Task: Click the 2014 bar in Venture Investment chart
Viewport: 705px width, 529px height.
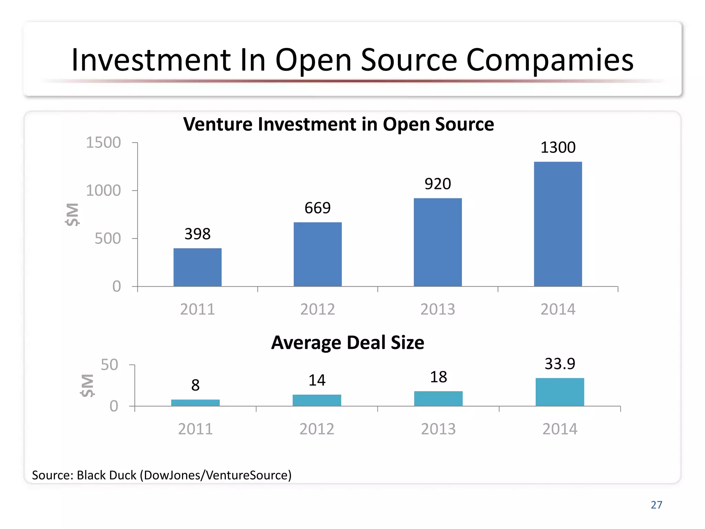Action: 558,224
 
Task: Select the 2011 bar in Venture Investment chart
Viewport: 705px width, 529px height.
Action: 197,267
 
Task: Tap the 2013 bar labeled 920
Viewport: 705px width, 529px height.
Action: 438,242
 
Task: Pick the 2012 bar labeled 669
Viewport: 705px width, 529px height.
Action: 317,254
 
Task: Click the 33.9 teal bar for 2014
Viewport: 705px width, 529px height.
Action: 560,392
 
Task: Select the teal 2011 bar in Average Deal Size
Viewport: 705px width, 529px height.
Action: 195,403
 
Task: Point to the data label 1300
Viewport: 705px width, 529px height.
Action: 558,147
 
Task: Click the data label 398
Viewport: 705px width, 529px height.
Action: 197,234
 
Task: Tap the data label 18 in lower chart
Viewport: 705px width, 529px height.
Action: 438,377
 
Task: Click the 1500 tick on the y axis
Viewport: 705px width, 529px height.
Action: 103,143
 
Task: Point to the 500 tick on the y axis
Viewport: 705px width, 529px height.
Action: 107,239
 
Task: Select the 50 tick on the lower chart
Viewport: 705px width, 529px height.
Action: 109,365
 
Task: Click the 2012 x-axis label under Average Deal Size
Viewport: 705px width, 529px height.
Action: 317,429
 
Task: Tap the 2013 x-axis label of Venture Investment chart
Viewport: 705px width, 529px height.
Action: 438,309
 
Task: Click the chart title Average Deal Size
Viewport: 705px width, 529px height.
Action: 347,343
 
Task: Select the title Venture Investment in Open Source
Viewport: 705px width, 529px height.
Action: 338,124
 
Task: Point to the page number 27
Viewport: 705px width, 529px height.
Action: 656,505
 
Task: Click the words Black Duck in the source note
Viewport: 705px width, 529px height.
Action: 106,475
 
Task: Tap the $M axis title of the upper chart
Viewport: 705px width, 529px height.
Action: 73,214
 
